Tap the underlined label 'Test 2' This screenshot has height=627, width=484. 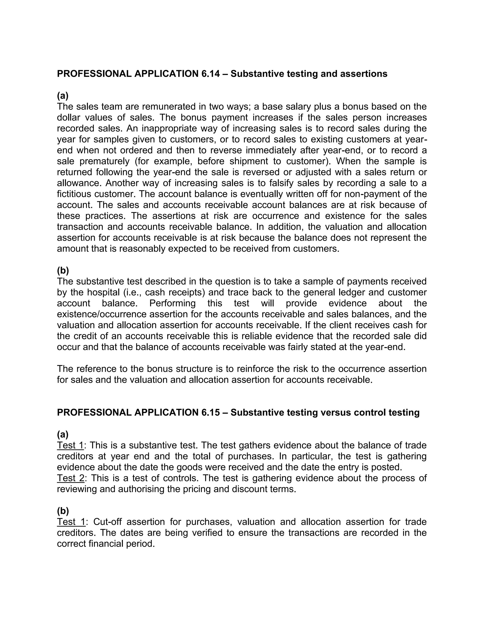point(70,478)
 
